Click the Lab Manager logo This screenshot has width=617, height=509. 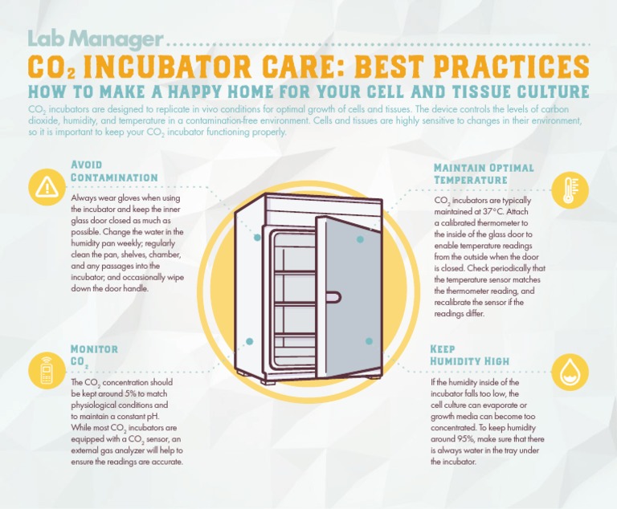coord(96,39)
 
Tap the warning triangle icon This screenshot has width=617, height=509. coord(47,187)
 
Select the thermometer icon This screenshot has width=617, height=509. coord(569,190)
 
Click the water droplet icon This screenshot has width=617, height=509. coord(570,372)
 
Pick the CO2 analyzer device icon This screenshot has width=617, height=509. coord(47,371)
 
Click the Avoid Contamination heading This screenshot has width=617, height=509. coord(114,171)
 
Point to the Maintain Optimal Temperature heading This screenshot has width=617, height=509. coord(484,173)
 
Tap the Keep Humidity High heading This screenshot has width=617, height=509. coord(469,355)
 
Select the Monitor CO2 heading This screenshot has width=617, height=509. coord(94,356)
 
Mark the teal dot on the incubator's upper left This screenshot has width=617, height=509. coord(257,238)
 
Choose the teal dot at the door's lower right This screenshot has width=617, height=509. coord(369,341)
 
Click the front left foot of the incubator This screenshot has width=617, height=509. coord(270,381)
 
